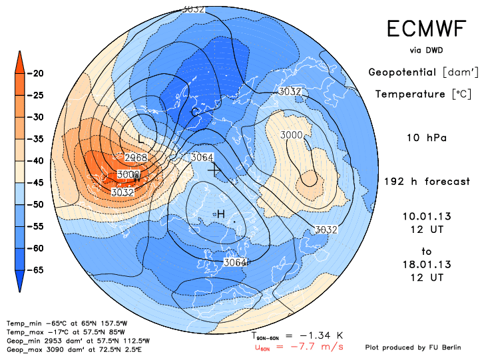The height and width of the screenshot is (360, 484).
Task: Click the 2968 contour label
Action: click(136, 158)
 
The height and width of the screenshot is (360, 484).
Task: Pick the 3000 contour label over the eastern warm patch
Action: click(292, 135)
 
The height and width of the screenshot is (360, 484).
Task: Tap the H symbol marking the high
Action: click(220, 213)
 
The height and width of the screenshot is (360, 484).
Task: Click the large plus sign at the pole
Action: click(213, 170)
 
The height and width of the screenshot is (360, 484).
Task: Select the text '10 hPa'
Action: click(426, 138)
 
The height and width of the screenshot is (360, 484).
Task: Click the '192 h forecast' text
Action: click(427, 182)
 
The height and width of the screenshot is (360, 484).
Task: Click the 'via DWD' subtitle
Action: click(427, 50)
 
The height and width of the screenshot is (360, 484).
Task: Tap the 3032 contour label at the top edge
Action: click(193, 9)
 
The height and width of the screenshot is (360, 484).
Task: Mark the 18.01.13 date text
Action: click(427, 264)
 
